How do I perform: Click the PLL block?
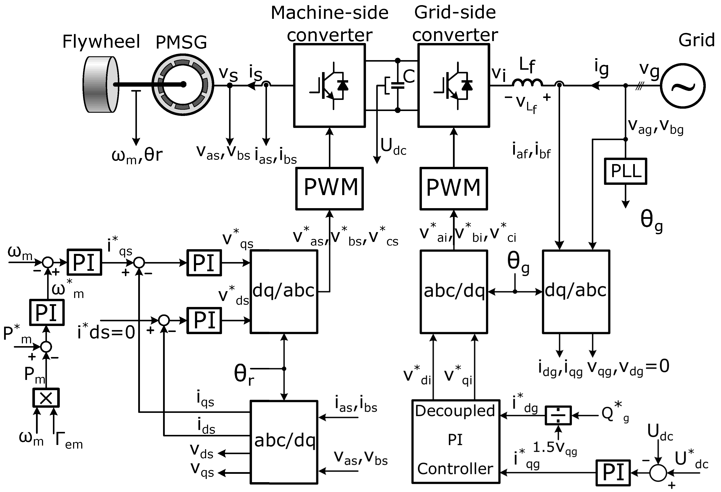[x=625, y=171]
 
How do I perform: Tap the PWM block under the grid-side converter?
[x=454, y=188]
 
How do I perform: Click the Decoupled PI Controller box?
[x=456, y=441]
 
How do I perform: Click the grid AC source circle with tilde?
[x=682, y=86]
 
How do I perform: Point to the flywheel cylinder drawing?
[x=101, y=84]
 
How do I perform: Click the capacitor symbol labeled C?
[x=397, y=85]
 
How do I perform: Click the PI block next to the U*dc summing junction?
[x=613, y=473]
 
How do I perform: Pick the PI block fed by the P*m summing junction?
[x=47, y=312]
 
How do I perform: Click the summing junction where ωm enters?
[x=48, y=262]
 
